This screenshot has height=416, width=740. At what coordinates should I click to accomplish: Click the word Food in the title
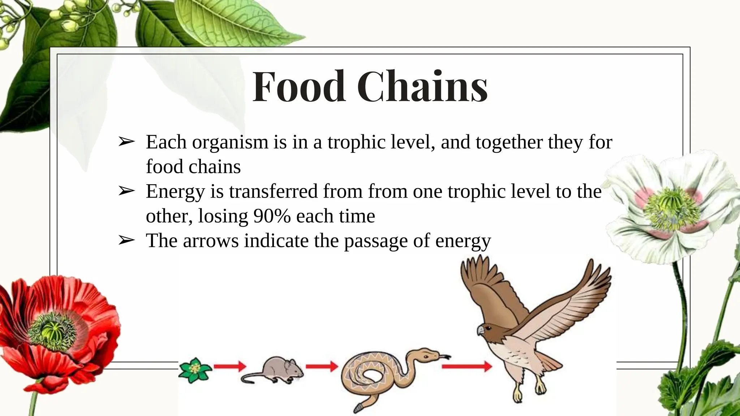pos(298,87)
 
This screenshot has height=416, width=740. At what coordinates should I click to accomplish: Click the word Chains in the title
pos(423,87)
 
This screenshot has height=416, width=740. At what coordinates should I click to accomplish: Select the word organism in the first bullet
pos(230,142)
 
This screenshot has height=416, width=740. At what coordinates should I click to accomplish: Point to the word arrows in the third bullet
pos(211,240)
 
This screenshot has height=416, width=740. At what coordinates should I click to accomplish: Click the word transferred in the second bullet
pos(273,191)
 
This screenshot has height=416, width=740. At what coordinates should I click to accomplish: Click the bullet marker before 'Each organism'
pos(126,142)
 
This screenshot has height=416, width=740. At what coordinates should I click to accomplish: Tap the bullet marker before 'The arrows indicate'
pos(126,240)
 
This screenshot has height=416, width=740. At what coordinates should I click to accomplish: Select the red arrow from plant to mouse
pos(230,367)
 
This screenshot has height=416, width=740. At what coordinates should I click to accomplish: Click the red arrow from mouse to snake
pos(322,367)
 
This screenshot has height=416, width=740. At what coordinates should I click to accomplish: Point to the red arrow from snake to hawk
pos(466,367)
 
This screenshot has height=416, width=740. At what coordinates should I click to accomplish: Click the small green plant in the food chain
pos(195,369)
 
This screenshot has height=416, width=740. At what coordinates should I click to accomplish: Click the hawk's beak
pos(480,330)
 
